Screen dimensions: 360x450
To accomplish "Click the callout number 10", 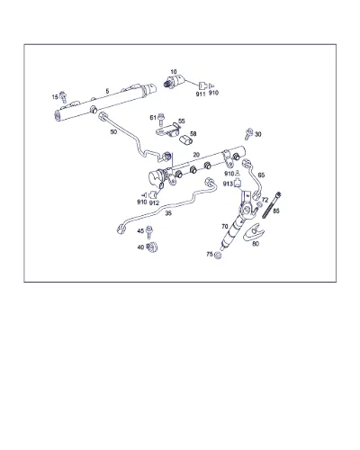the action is tap(174, 72).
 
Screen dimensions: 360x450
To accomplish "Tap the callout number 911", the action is tap(201, 94).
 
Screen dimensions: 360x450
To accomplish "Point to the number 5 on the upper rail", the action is tap(107, 91).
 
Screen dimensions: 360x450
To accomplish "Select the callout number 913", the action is tap(228, 184).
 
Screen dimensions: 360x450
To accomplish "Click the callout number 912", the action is tap(154, 203).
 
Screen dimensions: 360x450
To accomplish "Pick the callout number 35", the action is tap(168, 213).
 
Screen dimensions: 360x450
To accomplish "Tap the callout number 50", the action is tap(113, 131).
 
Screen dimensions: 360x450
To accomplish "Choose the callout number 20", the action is tap(196, 155).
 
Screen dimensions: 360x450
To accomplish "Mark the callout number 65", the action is tap(261, 175).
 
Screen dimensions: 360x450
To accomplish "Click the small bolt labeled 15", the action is tap(63, 97).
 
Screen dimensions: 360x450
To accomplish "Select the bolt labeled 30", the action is tap(248, 134).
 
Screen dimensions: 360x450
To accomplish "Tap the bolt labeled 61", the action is tap(161, 119).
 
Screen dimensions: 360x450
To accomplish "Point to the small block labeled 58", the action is tap(185, 140).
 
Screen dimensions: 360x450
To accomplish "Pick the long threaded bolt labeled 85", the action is tap(272, 205).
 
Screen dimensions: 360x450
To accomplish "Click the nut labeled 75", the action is tap(218, 256).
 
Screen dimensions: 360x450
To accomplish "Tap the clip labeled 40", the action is tap(153, 247).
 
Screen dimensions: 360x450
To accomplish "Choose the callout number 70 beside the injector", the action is tap(225, 227).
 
